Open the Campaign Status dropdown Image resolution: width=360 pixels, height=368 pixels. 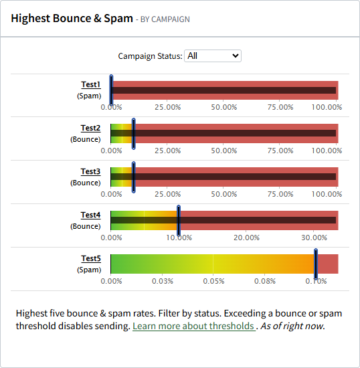213,56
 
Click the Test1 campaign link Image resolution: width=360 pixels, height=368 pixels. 90,84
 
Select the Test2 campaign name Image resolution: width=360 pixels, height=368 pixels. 90,128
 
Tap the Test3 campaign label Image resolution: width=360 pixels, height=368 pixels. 90,171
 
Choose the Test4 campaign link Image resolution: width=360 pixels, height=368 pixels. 90,215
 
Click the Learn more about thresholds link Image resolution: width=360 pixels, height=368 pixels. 193,326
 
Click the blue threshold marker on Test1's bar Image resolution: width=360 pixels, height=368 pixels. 111,90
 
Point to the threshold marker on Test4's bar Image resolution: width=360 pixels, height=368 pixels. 179,220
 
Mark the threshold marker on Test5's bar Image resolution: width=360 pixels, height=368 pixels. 315,264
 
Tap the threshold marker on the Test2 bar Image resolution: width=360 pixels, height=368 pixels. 134,133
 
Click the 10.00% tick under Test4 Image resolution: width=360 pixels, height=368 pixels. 179,238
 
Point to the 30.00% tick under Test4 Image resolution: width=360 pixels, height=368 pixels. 315,238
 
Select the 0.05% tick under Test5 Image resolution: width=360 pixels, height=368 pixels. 213,281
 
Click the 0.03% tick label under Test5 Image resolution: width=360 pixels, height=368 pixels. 162,281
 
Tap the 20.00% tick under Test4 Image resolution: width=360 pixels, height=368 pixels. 247,238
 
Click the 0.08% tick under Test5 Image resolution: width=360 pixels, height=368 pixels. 265,281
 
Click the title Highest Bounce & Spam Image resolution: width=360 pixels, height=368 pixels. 72,18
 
